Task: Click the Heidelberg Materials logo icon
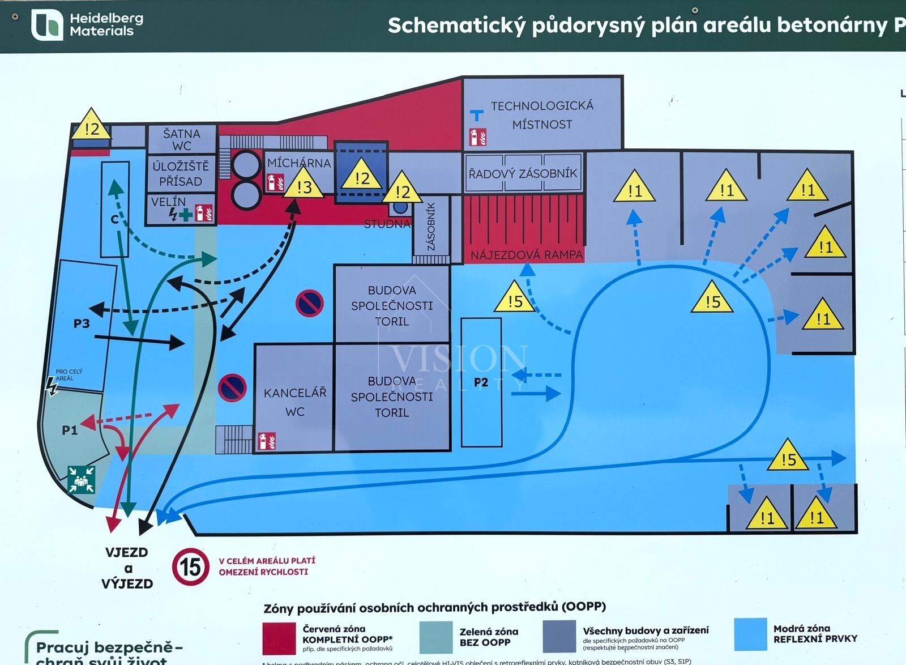click(47, 25)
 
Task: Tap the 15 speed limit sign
click(191, 566)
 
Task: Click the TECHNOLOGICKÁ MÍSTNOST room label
click(542, 115)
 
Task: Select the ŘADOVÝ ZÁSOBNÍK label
click(523, 173)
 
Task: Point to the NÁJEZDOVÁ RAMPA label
click(527, 255)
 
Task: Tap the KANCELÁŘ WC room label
click(295, 402)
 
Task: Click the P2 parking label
click(481, 382)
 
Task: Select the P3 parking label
click(82, 323)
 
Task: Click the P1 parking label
click(70, 430)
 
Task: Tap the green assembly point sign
click(81, 479)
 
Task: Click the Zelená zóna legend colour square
click(436, 637)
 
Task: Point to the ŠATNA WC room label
click(182, 139)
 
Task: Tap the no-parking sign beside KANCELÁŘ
click(232, 388)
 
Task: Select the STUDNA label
click(387, 224)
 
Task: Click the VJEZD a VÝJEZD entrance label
click(128, 568)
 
